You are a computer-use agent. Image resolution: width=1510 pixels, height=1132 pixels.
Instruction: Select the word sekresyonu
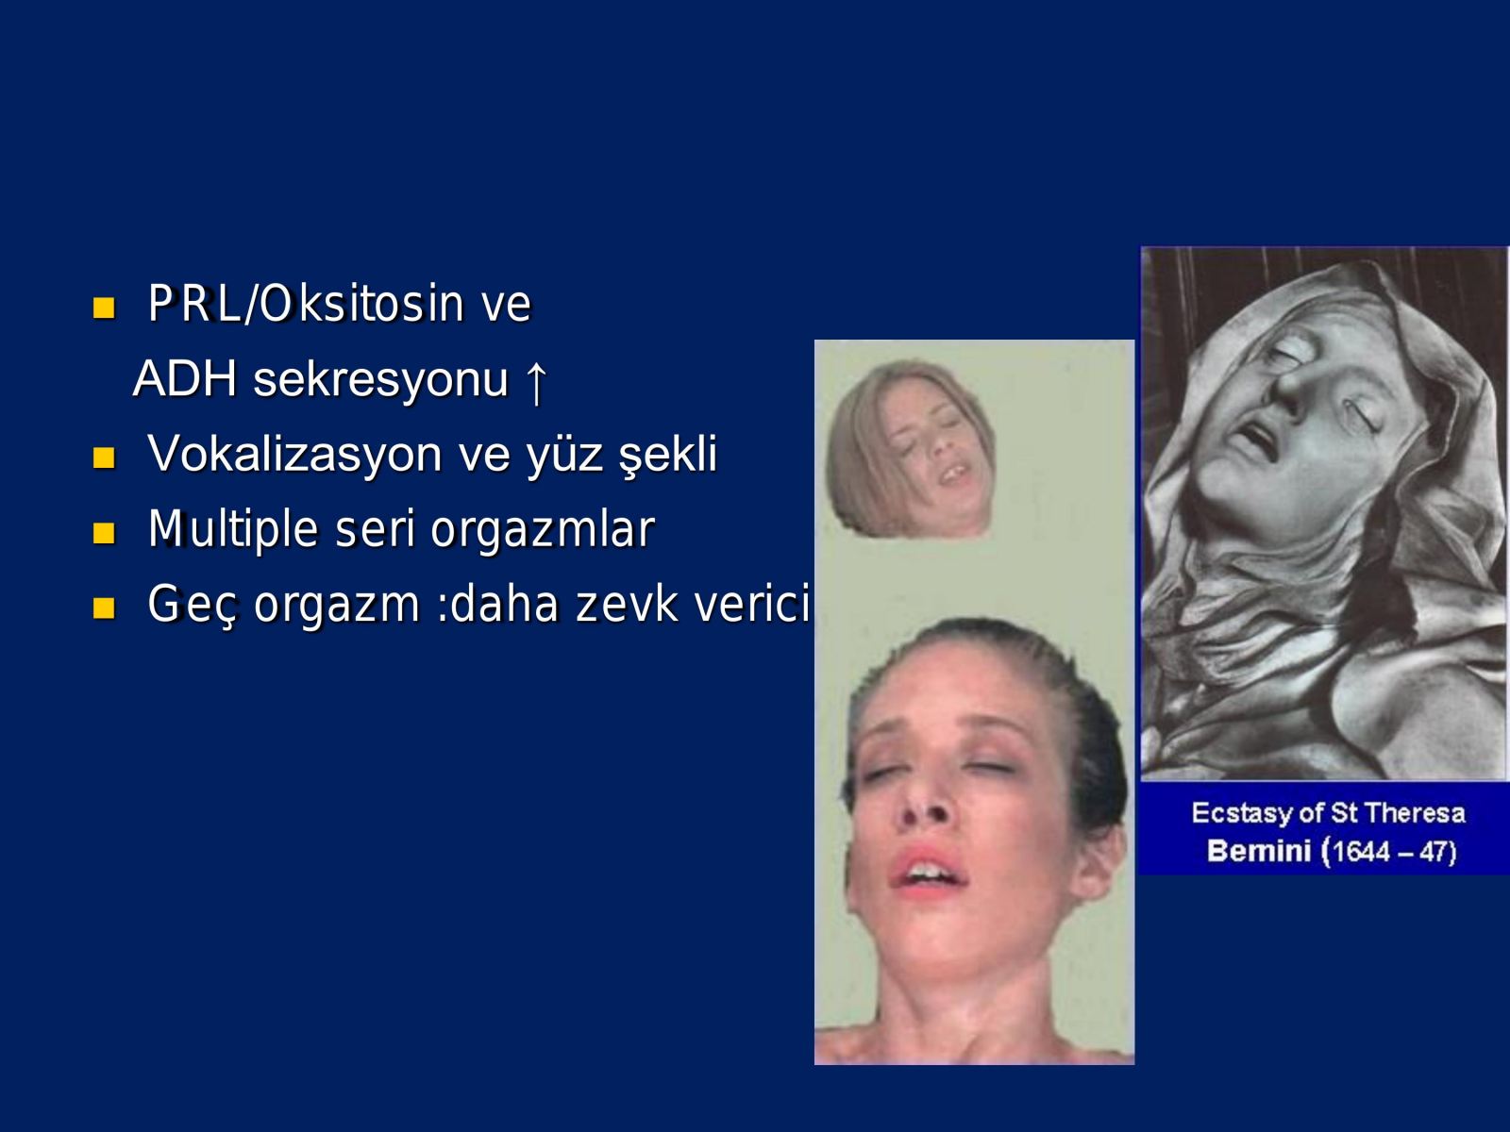tap(380, 380)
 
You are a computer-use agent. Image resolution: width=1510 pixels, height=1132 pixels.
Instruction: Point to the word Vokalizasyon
tap(294, 455)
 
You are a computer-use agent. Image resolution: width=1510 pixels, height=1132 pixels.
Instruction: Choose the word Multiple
tap(233, 530)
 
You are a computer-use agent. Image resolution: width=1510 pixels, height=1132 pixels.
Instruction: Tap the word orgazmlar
tap(543, 530)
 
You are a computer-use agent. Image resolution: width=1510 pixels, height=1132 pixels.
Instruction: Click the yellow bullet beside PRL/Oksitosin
tap(104, 308)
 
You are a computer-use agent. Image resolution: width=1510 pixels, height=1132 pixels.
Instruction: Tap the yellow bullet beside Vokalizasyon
tap(104, 458)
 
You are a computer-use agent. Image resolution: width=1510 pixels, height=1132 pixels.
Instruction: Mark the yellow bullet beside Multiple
tap(104, 533)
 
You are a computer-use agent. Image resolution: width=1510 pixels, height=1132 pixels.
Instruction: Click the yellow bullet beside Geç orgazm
tap(104, 608)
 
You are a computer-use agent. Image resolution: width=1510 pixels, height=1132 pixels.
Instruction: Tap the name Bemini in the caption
tap(1259, 851)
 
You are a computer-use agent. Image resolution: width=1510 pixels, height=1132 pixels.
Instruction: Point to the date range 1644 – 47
tap(1393, 852)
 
